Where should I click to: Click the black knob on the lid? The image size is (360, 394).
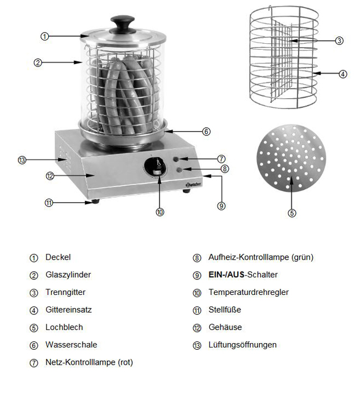point(123,24)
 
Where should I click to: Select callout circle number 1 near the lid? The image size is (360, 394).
point(45,36)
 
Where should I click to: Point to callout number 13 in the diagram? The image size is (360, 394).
point(22,160)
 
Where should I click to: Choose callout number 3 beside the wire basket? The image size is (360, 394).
point(340,40)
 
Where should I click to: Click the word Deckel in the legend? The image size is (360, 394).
point(58,257)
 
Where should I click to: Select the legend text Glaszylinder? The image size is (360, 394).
point(68,274)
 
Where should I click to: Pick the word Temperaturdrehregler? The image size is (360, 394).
point(248,292)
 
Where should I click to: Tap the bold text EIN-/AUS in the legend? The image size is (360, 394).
point(227,274)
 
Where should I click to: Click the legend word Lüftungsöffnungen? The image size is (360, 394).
point(242,345)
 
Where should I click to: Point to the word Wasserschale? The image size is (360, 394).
point(71,345)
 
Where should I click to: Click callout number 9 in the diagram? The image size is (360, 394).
point(221,205)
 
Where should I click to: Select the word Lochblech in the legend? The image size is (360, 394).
point(64,327)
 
